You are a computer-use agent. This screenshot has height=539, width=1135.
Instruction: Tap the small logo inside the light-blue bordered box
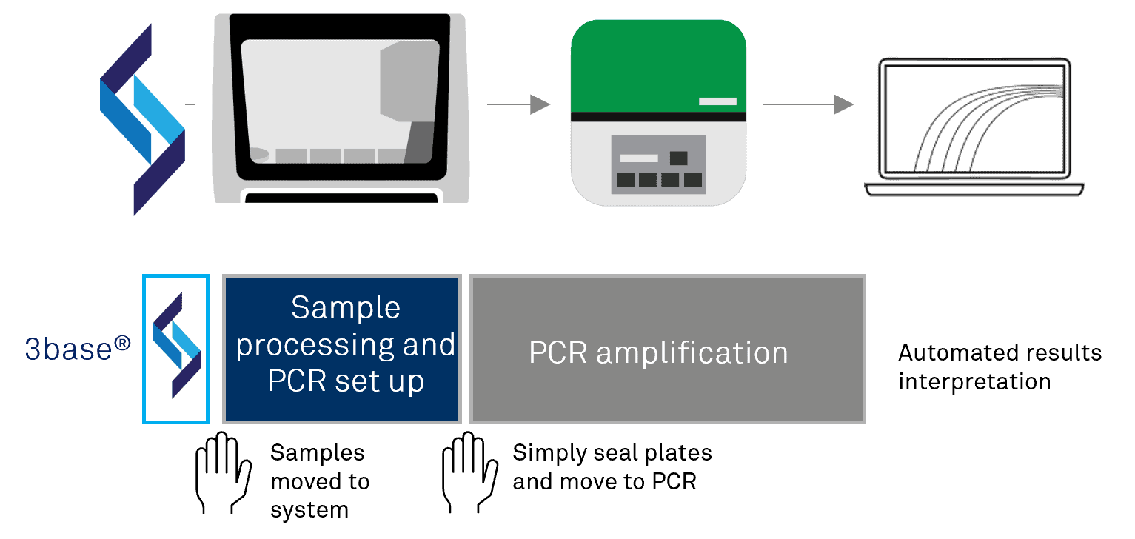[x=176, y=346]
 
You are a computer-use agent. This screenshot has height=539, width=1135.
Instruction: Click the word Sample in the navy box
[x=345, y=308]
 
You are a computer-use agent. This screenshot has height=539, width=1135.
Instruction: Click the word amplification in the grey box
[x=692, y=353]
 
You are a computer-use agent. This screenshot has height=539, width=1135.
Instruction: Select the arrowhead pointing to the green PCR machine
[x=540, y=104]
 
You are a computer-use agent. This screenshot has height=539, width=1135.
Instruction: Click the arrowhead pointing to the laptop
[x=843, y=104]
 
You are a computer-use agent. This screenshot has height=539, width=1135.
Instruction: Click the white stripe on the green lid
[x=717, y=101]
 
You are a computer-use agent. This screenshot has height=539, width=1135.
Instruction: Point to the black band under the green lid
[x=657, y=116]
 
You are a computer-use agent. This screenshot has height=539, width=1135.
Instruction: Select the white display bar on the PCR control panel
[x=638, y=158]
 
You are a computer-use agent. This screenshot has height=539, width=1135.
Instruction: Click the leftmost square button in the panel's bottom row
[x=626, y=180]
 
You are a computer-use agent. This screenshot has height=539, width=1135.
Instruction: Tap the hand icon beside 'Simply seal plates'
[x=469, y=473]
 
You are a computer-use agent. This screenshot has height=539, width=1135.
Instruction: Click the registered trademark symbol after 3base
[x=122, y=343]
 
